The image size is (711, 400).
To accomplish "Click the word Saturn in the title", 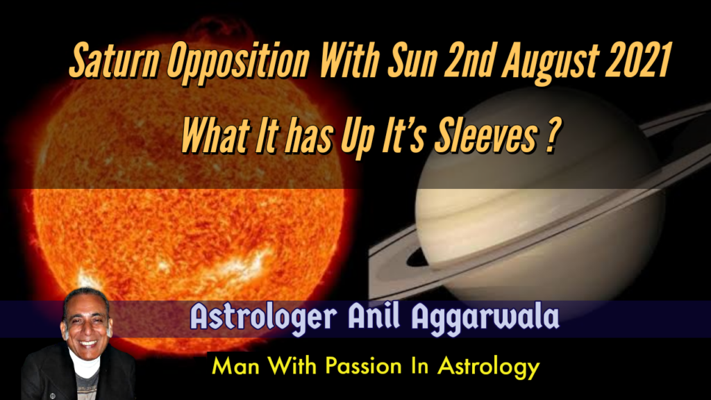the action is [x=115, y=60].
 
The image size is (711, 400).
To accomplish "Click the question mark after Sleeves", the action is [x=552, y=135].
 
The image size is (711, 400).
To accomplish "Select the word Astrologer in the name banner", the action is [x=263, y=318].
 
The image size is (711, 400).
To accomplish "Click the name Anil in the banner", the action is [x=374, y=316].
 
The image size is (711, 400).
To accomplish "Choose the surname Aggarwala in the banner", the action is [x=485, y=318].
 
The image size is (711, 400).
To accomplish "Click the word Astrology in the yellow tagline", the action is [x=489, y=367].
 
